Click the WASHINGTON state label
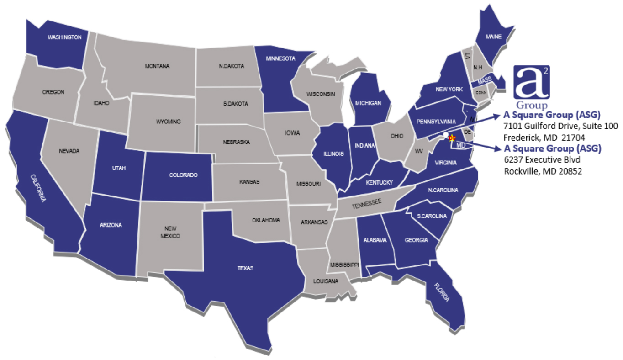64,37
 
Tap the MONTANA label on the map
157,66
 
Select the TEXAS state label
245,268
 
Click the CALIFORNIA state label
38,188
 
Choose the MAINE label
494,36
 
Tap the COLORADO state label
183,175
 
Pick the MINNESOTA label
280,58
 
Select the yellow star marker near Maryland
452,138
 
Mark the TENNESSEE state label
367,204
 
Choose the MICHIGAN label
368,103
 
